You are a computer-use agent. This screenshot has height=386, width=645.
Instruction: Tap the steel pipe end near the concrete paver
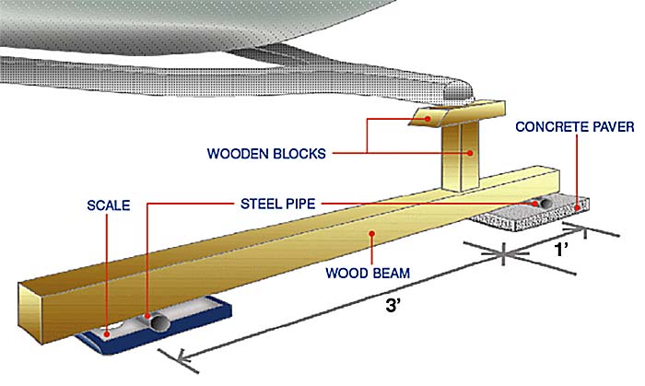pyautogui.click(x=542, y=203)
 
